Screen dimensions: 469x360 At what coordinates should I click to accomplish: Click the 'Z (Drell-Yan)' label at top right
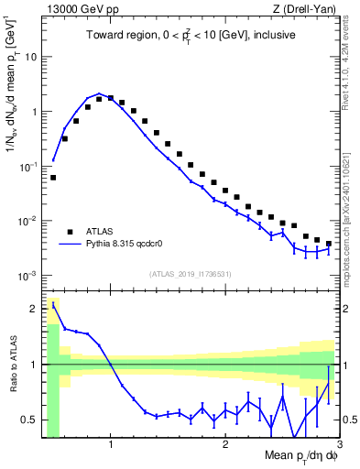point(309,8)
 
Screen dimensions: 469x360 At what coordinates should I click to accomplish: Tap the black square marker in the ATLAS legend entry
point(70,231)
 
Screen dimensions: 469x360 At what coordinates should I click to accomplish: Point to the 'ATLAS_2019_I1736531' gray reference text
point(191,274)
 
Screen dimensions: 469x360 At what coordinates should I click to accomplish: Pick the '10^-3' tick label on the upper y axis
point(27,276)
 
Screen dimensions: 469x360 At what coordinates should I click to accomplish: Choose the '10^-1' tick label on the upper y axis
point(27,166)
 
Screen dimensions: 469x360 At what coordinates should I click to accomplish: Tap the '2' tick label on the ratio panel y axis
point(34,309)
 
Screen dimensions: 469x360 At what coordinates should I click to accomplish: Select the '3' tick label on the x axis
point(338,446)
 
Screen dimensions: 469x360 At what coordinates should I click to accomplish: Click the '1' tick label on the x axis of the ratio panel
point(111,446)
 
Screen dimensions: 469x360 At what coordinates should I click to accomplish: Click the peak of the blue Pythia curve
point(99,93)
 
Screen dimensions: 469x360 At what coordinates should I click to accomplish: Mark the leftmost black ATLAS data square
point(53,177)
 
